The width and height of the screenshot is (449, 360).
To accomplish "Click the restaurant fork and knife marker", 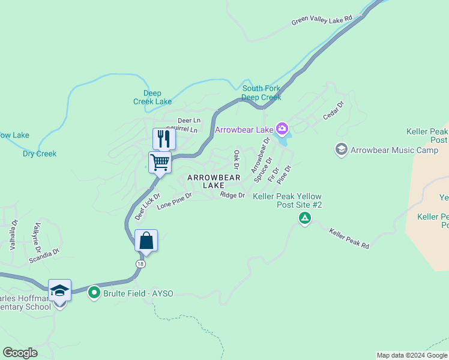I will pyautogui.click(x=163, y=139).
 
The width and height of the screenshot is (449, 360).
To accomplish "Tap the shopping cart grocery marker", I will pyautogui.click(x=160, y=162).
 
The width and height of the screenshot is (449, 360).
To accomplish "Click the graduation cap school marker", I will pyautogui.click(x=59, y=290).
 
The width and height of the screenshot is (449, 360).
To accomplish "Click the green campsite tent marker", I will pyautogui.click(x=305, y=218).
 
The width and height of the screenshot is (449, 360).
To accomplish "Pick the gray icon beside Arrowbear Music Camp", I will pyautogui.click(x=342, y=149).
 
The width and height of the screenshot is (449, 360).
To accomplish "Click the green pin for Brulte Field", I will pyautogui.click(x=94, y=293).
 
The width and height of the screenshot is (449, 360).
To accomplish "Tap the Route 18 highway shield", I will pyautogui.click(x=140, y=263).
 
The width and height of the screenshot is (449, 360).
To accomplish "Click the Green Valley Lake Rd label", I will pyautogui.click(x=322, y=20).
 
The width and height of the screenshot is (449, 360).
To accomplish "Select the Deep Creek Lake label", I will pyautogui.click(x=157, y=97).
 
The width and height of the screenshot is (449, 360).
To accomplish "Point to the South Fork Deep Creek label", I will pyautogui.click(x=261, y=93).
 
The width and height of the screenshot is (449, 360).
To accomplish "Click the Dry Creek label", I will pyautogui.click(x=40, y=154).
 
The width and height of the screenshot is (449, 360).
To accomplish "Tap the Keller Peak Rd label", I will pyautogui.click(x=348, y=238).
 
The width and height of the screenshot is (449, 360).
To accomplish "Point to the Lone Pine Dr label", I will pyautogui.click(x=174, y=200).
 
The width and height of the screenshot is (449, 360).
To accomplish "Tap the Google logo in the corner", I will pyautogui.click(x=20, y=353).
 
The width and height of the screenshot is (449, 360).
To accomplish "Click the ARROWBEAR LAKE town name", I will pyautogui.click(x=214, y=181).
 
